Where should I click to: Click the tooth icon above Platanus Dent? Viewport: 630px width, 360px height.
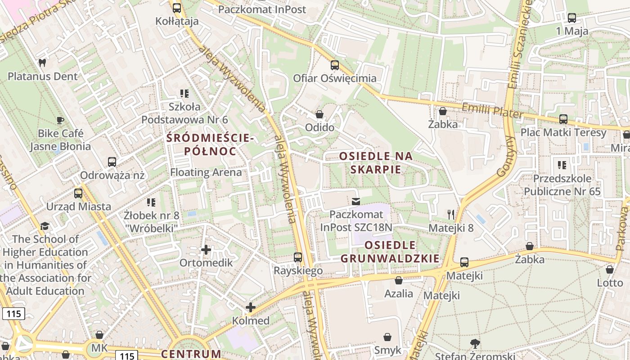click(x=42, y=63)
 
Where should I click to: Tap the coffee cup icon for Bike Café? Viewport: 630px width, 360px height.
click(x=60, y=120)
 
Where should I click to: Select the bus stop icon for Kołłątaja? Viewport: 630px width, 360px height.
click(x=177, y=8)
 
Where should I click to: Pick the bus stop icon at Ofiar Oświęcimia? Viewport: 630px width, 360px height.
click(x=334, y=65)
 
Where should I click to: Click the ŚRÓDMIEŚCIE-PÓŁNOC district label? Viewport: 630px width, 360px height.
click(x=210, y=144)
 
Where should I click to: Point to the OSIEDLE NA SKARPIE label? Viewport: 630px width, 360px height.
click(x=376, y=162)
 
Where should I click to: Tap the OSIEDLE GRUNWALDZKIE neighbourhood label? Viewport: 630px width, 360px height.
click(x=390, y=252)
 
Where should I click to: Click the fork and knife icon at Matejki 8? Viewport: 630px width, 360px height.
click(x=451, y=214)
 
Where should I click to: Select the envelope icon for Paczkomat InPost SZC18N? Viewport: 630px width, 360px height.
click(x=356, y=201)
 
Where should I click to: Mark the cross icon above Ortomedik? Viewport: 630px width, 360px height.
click(x=206, y=249)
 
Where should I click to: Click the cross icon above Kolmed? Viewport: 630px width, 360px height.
click(x=251, y=307)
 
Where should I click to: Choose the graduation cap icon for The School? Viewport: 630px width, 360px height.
click(x=45, y=226)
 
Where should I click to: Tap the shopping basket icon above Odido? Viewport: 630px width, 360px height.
click(x=319, y=114)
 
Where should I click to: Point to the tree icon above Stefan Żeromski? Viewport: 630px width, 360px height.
click(x=475, y=344)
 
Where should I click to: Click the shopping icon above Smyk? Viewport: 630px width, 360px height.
click(x=387, y=337)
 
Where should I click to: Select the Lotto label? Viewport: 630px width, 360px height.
click(x=610, y=283)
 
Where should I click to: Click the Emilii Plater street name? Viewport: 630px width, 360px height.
click(x=493, y=111)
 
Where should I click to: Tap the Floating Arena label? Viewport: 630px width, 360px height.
click(x=206, y=172)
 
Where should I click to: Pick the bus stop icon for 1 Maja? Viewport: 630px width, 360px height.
click(x=571, y=18)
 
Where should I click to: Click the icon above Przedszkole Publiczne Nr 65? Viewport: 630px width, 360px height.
click(x=562, y=165)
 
